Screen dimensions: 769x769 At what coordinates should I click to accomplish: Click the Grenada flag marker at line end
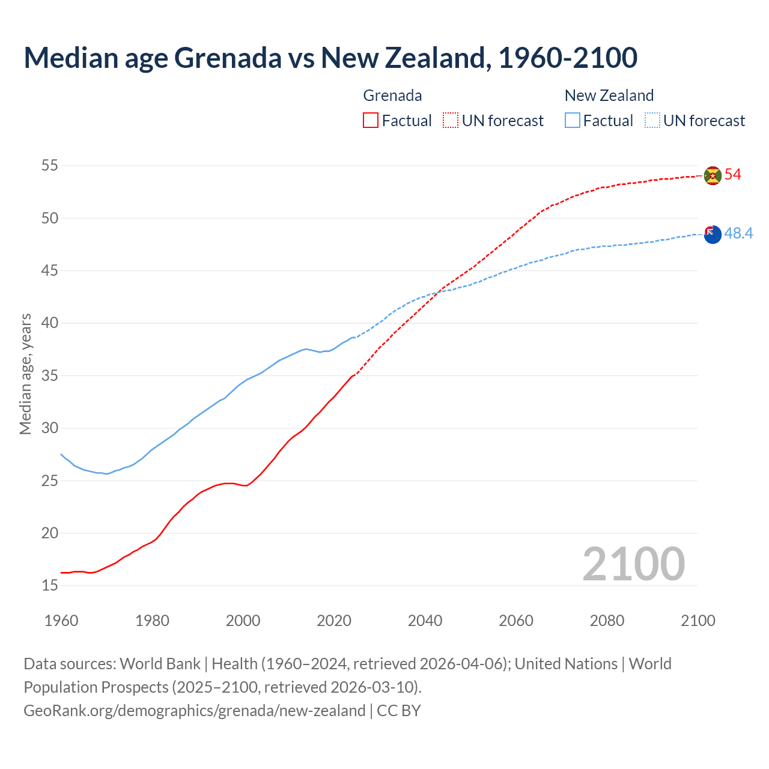713,175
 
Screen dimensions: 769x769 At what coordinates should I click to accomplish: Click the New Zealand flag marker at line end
713,234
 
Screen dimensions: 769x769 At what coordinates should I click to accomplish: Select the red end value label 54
733,175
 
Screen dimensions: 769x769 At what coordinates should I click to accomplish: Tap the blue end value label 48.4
738,234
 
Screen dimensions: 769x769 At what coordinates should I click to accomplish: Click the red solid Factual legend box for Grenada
371,121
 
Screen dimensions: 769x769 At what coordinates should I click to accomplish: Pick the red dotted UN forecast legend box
451,121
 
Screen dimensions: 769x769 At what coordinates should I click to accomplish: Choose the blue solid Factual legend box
573,121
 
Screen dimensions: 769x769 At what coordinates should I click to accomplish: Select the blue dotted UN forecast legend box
652,121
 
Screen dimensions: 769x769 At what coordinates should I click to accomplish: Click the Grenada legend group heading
392,96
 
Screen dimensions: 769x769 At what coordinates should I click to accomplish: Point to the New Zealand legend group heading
609,96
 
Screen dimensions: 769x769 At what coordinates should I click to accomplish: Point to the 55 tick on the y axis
50,166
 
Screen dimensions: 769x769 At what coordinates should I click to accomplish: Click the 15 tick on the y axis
50,586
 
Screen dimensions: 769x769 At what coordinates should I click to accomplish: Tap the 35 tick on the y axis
50,376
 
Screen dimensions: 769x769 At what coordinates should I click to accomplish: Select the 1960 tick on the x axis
61,621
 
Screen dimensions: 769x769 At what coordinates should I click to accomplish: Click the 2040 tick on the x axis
425,621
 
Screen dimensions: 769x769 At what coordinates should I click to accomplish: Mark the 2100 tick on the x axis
698,621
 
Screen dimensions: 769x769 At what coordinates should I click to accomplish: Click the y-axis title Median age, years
25,374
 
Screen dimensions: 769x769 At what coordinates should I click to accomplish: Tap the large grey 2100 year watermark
634,564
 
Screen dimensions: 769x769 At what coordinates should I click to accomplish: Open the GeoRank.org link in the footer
194,711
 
